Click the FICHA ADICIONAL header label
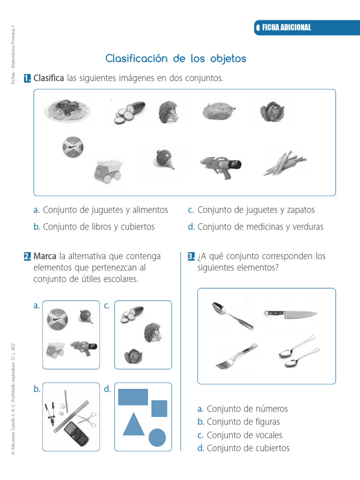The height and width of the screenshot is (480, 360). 286,28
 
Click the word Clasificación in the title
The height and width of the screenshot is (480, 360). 136,59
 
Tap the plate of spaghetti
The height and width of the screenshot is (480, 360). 68,111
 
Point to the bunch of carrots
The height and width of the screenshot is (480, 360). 284,163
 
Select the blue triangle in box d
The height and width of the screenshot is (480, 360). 133,424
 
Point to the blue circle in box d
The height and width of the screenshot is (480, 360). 157,437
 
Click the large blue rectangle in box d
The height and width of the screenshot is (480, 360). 133,397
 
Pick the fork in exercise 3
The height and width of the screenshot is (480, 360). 236,356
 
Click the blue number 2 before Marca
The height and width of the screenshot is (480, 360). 27,256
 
